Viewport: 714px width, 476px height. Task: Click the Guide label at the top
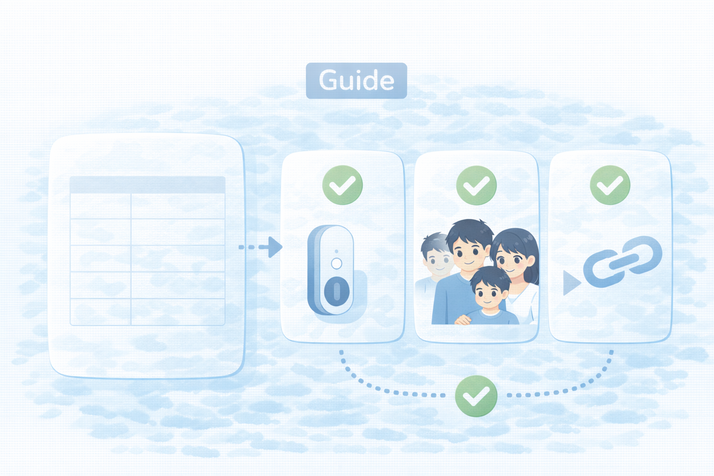pos(357,81)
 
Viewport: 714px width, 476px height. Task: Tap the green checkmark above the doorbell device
pos(343,185)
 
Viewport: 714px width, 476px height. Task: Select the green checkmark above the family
pos(476,185)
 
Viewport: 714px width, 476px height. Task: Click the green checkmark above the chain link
pos(610,185)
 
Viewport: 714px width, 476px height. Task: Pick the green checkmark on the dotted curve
pos(476,396)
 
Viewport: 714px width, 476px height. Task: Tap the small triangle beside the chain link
pos(571,283)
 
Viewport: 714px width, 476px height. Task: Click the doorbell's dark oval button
pos(337,291)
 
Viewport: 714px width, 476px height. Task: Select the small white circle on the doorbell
pos(337,264)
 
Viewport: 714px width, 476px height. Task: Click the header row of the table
pos(147,185)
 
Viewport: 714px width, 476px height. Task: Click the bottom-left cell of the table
pos(100,312)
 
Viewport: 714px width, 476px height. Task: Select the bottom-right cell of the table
pos(178,312)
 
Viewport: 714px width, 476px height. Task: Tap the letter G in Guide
pos(328,80)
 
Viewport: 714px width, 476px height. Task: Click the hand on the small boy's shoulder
pos(463,320)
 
